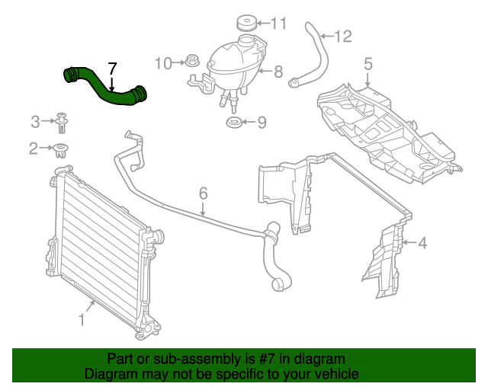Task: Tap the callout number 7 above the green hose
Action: click(112, 69)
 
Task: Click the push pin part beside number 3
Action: click(60, 120)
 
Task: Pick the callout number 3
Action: click(35, 121)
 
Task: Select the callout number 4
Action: click(422, 244)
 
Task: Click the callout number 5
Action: click(368, 65)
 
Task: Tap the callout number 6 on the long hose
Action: click(204, 194)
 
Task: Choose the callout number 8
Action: click(278, 72)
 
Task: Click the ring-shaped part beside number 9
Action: click(235, 123)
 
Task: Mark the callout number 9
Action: click(261, 122)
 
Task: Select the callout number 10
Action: click(163, 63)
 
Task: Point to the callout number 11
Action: click(279, 24)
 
